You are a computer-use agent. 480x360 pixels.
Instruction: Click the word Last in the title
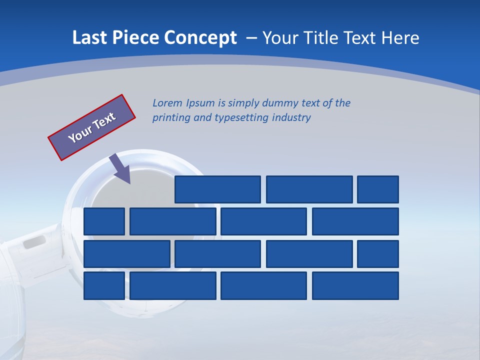88,38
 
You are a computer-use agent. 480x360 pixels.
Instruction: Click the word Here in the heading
399,38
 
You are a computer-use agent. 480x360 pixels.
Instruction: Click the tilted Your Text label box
92,127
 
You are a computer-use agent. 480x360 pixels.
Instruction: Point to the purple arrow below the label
120,168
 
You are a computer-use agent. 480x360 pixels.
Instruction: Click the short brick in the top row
378,189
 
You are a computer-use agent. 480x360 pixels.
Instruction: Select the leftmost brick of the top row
218,189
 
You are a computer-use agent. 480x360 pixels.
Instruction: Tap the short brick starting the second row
104,221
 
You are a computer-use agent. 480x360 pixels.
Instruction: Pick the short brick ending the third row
378,254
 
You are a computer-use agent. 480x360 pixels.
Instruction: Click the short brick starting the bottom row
104,286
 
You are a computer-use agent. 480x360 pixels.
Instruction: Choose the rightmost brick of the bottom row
355,286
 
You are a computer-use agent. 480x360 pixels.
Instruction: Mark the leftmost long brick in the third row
127,254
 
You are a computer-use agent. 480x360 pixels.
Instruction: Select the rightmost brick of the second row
355,221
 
